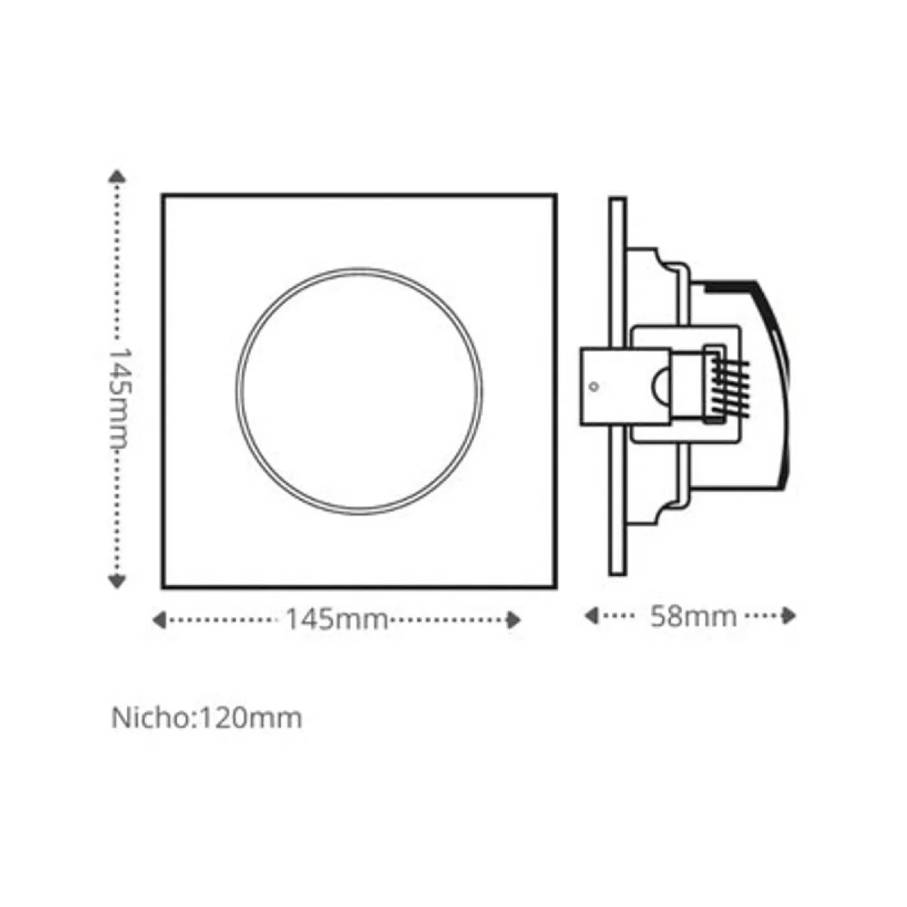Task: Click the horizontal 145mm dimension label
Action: pos(336,619)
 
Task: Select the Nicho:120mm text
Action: pos(207,718)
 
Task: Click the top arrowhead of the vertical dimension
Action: pos(117,176)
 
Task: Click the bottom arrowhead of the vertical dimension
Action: pos(117,582)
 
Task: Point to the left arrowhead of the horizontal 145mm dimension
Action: pos(159,620)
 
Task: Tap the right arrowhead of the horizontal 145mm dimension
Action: pos(514,620)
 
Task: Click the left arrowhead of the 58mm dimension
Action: pos(591,615)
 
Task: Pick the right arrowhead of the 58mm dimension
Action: pos(789,615)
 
